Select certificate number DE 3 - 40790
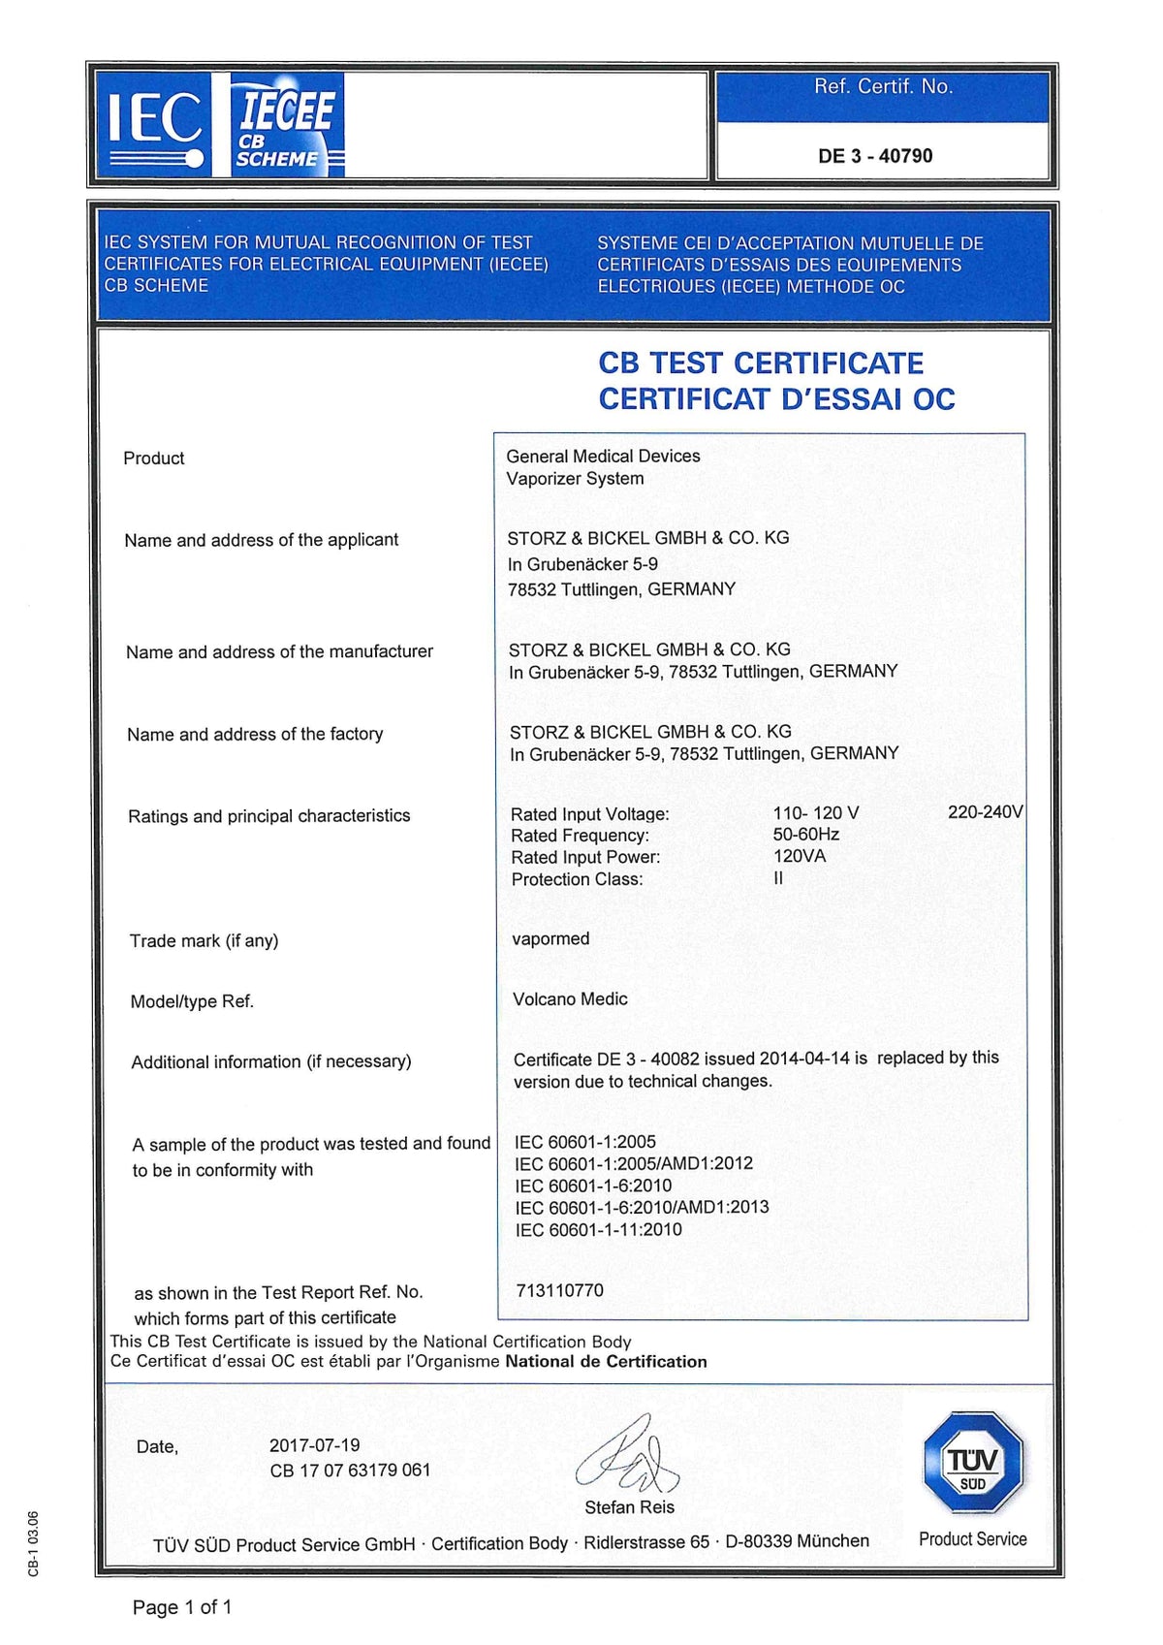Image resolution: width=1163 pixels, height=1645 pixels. click(875, 156)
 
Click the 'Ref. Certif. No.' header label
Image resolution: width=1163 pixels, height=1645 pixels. click(883, 87)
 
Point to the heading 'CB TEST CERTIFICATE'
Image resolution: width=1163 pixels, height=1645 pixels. click(761, 364)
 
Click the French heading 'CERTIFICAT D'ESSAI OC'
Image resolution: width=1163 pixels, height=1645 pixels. click(776, 399)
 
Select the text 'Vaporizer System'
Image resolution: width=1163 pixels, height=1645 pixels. click(575, 479)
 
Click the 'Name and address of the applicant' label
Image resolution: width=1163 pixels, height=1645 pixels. click(261, 540)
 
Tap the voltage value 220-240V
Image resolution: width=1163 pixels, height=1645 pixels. click(985, 812)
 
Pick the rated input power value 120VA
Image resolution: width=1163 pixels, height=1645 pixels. click(800, 856)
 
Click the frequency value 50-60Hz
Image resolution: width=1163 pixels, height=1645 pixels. click(806, 835)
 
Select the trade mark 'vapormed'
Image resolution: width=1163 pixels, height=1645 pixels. click(550, 938)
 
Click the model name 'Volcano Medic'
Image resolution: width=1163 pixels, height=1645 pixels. click(570, 999)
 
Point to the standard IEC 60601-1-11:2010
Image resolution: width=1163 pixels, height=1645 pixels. click(598, 1230)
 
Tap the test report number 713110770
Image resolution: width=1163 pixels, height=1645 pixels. click(559, 1291)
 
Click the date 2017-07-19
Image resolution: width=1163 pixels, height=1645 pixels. click(314, 1445)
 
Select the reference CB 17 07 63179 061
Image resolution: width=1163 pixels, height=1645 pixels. click(350, 1471)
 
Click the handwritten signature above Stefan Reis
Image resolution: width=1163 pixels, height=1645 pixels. click(628, 1455)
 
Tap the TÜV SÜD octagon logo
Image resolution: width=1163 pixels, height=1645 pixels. click(973, 1463)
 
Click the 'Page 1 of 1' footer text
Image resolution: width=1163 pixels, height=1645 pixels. click(182, 1607)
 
